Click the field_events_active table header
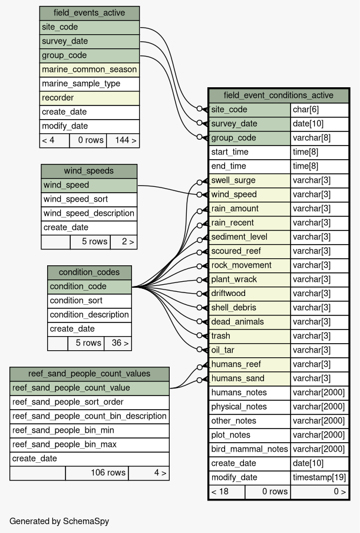pyautogui.click(x=90, y=13)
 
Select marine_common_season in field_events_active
pyautogui.click(x=90, y=70)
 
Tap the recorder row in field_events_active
pyautogui.click(x=90, y=98)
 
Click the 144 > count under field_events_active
pyautogui.click(x=123, y=140)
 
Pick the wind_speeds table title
pyautogui.click(x=89, y=171)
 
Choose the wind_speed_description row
pyautogui.click(x=89, y=213)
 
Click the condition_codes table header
pyautogui.click(x=90, y=272)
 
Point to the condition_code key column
pyautogui.click(x=90, y=287)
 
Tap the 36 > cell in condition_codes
pyautogui.click(x=118, y=343)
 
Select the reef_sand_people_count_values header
pyautogui.click(x=90, y=374)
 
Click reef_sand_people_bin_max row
pyautogui.click(x=90, y=445)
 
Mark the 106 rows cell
pyautogui.click(x=97, y=473)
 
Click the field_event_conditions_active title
pyautogui.click(x=279, y=96)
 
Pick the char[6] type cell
pyautogui.click(x=319, y=110)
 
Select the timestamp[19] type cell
pyautogui.click(x=319, y=478)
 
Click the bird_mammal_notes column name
pyautogui.click(x=250, y=449)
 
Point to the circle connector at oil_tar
pyautogui.click(x=200, y=349)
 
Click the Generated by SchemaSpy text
pyautogui.click(x=59, y=521)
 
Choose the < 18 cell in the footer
pyautogui.click(x=227, y=492)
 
